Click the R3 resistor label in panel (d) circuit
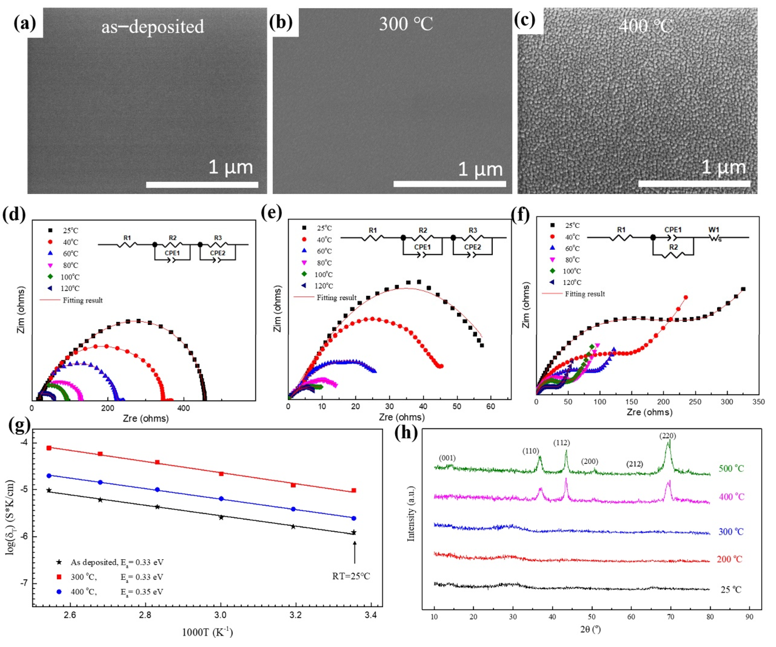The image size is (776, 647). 218,238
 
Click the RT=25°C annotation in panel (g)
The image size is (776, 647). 351,576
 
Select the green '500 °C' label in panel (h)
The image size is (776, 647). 731,468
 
